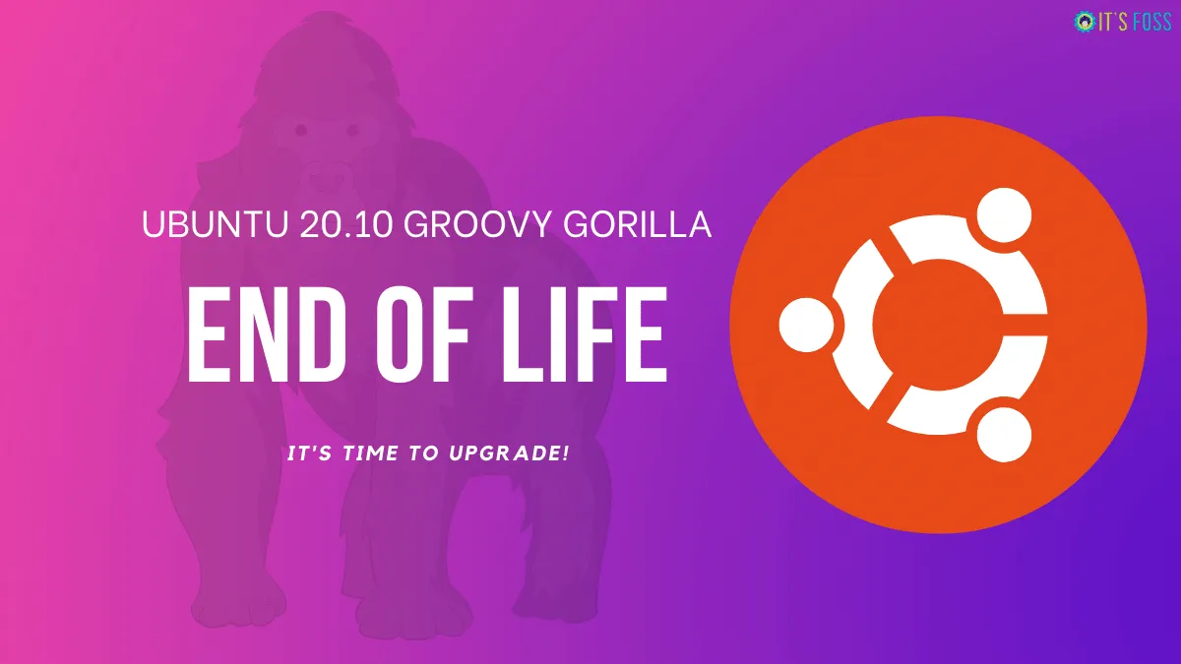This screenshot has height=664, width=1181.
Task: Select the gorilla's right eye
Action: click(x=346, y=129)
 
